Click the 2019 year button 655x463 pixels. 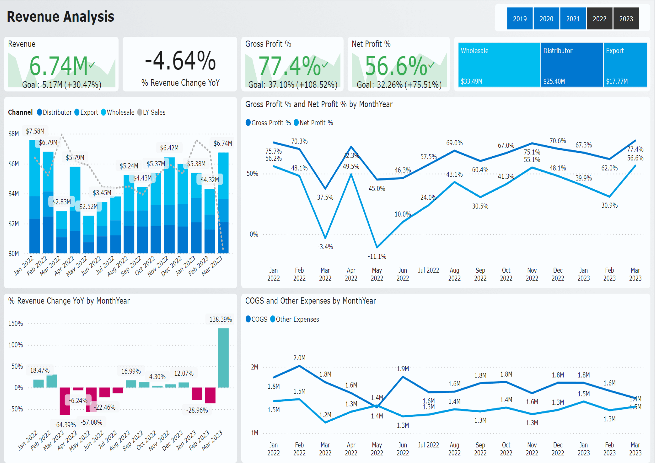pyautogui.click(x=519, y=19)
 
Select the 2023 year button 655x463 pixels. pyautogui.click(x=626, y=19)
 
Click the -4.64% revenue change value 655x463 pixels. pyautogui.click(x=180, y=61)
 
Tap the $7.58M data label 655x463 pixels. pyautogui.click(x=35, y=131)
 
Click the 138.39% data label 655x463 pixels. pyautogui.click(x=220, y=319)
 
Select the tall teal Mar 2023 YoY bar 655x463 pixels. pyautogui.click(x=223, y=358)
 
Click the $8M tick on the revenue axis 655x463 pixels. pyautogui.click(x=13, y=134)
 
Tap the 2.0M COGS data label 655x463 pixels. pyautogui.click(x=299, y=358)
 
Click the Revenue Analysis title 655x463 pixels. pyautogui.click(x=60, y=17)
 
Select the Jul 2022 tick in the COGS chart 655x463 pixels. pyautogui.click(x=428, y=445)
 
